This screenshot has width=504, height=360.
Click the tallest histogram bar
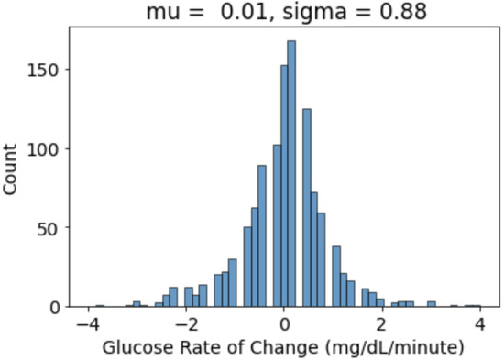click(291, 174)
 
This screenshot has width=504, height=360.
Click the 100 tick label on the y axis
click(49, 148)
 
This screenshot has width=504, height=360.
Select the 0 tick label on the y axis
click(57, 306)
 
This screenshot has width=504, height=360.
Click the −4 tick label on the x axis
click(85, 324)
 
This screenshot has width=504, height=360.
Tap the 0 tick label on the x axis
click(284, 324)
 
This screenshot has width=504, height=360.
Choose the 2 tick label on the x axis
click(382, 324)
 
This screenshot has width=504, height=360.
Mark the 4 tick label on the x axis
click(479, 324)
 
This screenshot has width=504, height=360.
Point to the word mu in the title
click(161, 13)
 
